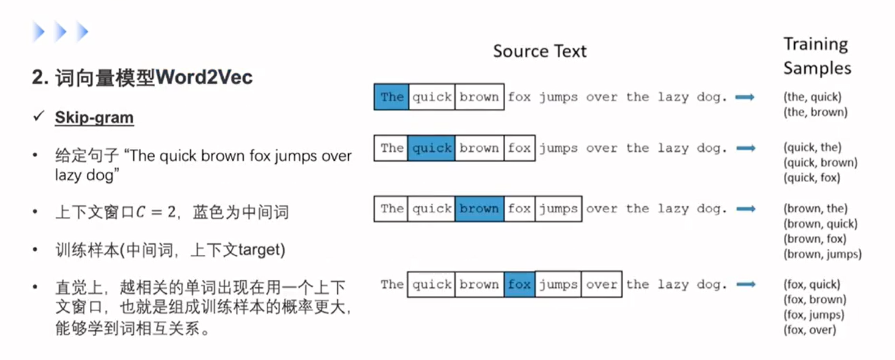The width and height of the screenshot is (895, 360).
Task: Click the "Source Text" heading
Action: pyautogui.click(x=539, y=51)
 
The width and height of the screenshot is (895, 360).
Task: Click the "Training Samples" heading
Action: pyautogui.click(x=817, y=56)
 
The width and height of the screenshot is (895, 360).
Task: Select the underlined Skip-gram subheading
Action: pyautogui.click(x=94, y=117)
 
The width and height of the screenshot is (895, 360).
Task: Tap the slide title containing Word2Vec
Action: pyautogui.click(x=142, y=78)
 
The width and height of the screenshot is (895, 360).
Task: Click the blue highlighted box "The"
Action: pyautogui.click(x=391, y=97)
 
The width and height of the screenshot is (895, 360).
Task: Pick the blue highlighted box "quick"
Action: pyautogui.click(x=431, y=148)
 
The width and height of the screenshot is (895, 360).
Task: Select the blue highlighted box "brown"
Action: pyautogui.click(x=479, y=209)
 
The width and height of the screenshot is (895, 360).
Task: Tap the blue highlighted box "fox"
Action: pyautogui.click(x=519, y=284)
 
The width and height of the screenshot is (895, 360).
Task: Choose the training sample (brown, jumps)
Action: pyautogui.click(x=822, y=254)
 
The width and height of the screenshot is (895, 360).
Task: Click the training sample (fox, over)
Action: pyautogui.click(x=809, y=330)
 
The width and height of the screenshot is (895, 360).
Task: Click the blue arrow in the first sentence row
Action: pyautogui.click(x=745, y=97)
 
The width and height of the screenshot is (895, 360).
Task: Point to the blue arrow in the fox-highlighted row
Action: pyautogui.click(x=745, y=284)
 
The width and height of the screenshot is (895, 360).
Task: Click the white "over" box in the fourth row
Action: pyautogui.click(x=601, y=284)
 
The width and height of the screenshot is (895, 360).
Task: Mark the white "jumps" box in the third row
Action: pyautogui.click(x=558, y=209)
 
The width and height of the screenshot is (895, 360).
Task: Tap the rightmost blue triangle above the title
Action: pyautogui.click(x=82, y=32)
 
